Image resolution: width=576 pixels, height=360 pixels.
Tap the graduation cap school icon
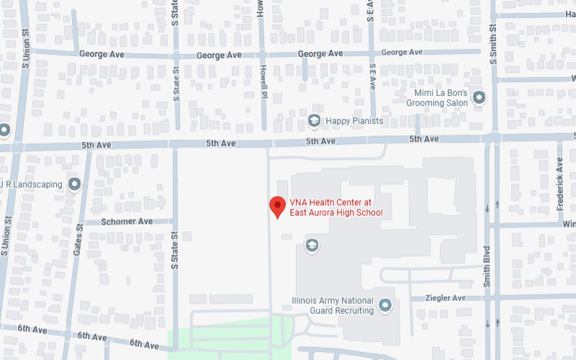[312, 246]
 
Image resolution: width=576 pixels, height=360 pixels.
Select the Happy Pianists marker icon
[314, 121]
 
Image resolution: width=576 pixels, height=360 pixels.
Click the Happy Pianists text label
[354, 121]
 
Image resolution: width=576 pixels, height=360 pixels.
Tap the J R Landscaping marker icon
[74, 184]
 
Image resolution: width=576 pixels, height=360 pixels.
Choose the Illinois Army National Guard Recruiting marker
[385, 305]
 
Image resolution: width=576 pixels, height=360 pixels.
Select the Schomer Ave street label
[127, 222]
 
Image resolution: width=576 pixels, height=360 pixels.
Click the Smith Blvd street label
[487, 267]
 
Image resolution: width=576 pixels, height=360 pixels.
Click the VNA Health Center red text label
[336, 207]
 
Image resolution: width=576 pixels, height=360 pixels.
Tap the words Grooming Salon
[436, 103]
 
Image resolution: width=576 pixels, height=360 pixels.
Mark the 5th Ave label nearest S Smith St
[424, 139]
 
